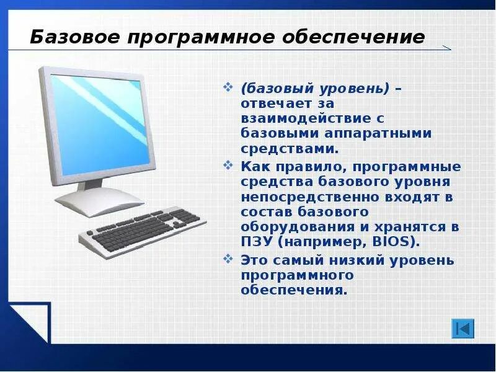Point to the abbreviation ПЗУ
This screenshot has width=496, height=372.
[x=255, y=241]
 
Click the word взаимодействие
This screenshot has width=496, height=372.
[x=295, y=118]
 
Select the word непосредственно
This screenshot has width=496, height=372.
[x=294, y=197]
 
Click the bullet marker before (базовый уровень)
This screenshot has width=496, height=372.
[x=229, y=89]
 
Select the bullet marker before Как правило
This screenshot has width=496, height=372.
[x=229, y=167]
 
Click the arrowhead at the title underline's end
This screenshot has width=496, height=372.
[x=446, y=48]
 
